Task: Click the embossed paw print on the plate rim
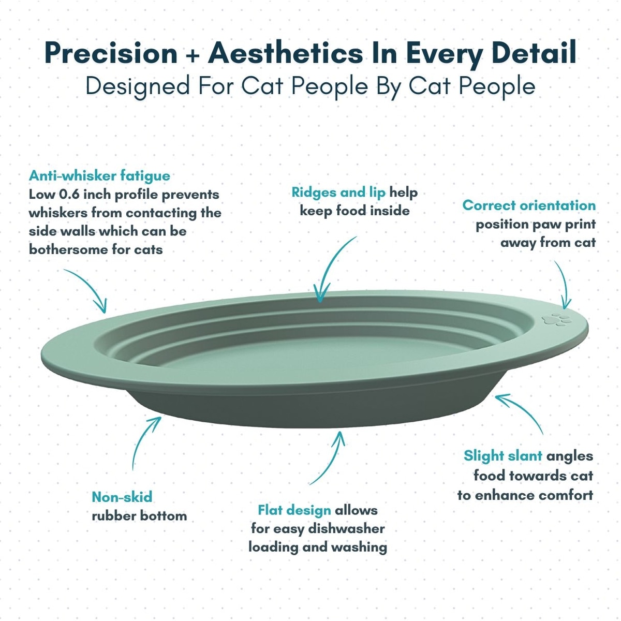click(x=556, y=319)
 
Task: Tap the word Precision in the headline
click(x=111, y=53)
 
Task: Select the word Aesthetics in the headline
click(x=286, y=53)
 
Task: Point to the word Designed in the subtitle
click(x=138, y=87)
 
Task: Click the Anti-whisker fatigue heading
click(x=99, y=176)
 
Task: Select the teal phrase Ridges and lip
click(x=338, y=193)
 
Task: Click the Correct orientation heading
click(x=529, y=205)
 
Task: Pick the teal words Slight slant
click(x=502, y=456)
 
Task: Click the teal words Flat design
click(x=294, y=510)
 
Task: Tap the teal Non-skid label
click(x=122, y=497)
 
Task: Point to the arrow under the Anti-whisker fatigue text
click(x=90, y=286)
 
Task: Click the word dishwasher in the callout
click(x=346, y=529)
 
